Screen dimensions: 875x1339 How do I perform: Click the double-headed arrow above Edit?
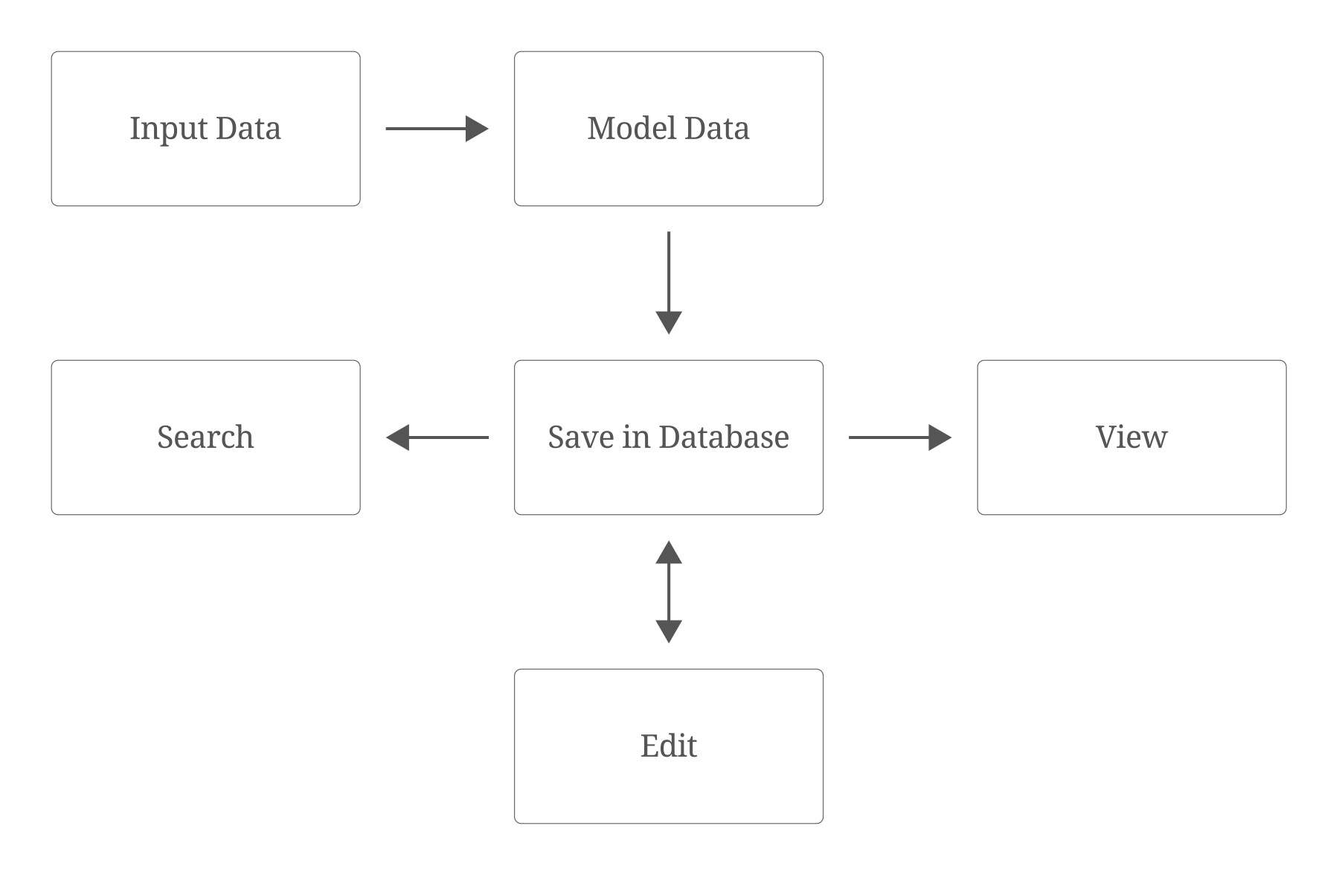pos(669,592)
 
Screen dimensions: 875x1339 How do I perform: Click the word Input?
pos(168,129)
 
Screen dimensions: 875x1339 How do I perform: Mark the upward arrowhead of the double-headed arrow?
pos(669,552)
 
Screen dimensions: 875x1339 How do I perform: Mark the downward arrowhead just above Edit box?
pos(669,632)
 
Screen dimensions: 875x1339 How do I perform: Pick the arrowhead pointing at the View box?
pos(940,437)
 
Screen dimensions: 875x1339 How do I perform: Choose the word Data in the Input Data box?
pos(248,128)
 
